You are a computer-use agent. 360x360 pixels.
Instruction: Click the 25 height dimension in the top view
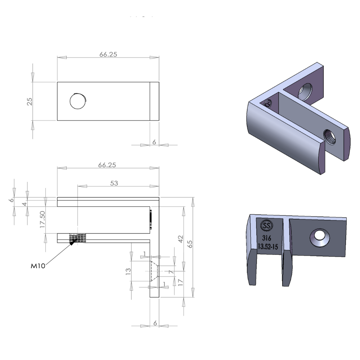coord(30,101)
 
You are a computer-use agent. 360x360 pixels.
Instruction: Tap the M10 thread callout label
coord(38,266)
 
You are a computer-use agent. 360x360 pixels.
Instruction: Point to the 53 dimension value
coord(114,183)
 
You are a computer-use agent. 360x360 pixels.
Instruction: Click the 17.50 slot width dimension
coord(42,220)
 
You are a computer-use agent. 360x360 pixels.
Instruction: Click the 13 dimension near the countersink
coord(128,271)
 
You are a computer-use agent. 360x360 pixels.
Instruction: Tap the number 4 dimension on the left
coord(24,204)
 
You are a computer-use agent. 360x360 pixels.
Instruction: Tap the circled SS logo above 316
coord(266,226)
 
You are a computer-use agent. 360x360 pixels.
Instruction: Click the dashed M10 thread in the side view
coord(78,238)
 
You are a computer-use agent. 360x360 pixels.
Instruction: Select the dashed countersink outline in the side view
coord(154,271)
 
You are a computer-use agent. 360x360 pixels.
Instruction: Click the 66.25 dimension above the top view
coord(108,55)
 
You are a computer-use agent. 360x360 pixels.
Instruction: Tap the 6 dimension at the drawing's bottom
coord(155,323)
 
